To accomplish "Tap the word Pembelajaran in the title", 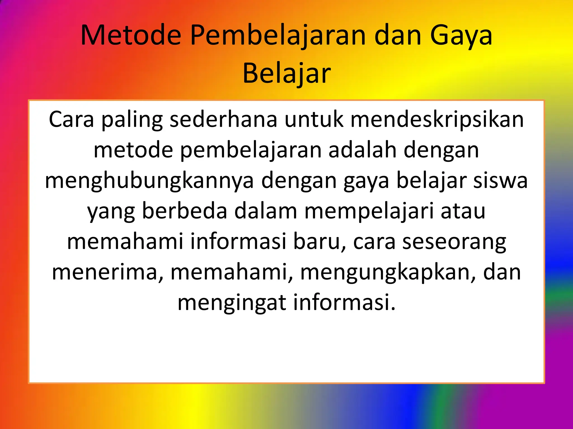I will [278, 35].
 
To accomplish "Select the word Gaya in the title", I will [461, 35].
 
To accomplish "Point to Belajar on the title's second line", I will [286, 73].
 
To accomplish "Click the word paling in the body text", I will [132, 120].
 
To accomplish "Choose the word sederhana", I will [223, 120].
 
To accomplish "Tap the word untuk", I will [314, 120].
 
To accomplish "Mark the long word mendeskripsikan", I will [437, 120].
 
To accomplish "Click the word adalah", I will [363, 150].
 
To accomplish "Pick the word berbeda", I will [185, 211].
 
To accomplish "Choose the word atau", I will [463, 211].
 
